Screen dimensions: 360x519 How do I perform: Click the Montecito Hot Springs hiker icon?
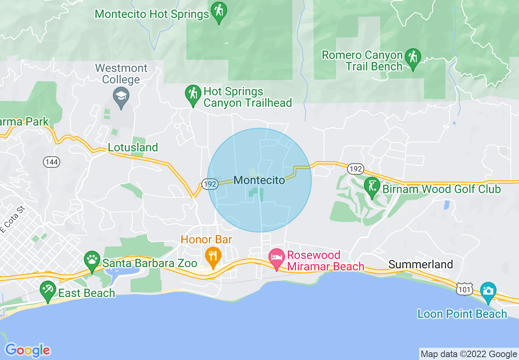click(x=218, y=10)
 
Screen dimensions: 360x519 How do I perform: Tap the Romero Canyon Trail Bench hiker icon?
click(x=413, y=57)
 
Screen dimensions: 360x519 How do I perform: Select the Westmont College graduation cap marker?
click(x=121, y=97)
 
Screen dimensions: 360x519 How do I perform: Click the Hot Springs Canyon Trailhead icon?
click(x=192, y=94)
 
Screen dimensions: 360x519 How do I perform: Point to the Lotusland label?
click(x=133, y=147)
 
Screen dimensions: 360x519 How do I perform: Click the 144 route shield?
click(x=52, y=162)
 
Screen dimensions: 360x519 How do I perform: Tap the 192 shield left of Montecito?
click(x=210, y=184)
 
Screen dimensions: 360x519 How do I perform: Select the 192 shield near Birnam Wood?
click(x=354, y=169)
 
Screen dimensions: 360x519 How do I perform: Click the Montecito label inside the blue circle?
click(x=259, y=180)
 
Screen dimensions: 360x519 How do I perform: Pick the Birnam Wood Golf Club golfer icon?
click(x=372, y=187)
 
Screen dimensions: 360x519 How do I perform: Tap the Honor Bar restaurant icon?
click(x=213, y=256)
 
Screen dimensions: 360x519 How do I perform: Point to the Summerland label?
click(x=420, y=264)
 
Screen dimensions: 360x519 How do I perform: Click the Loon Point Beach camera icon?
click(x=488, y=291)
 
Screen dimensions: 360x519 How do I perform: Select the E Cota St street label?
click(x=12, y=220)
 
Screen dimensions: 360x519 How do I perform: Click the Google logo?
click(x=27, y=350)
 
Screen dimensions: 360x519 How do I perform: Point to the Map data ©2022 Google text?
click(x=469, y=354)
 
